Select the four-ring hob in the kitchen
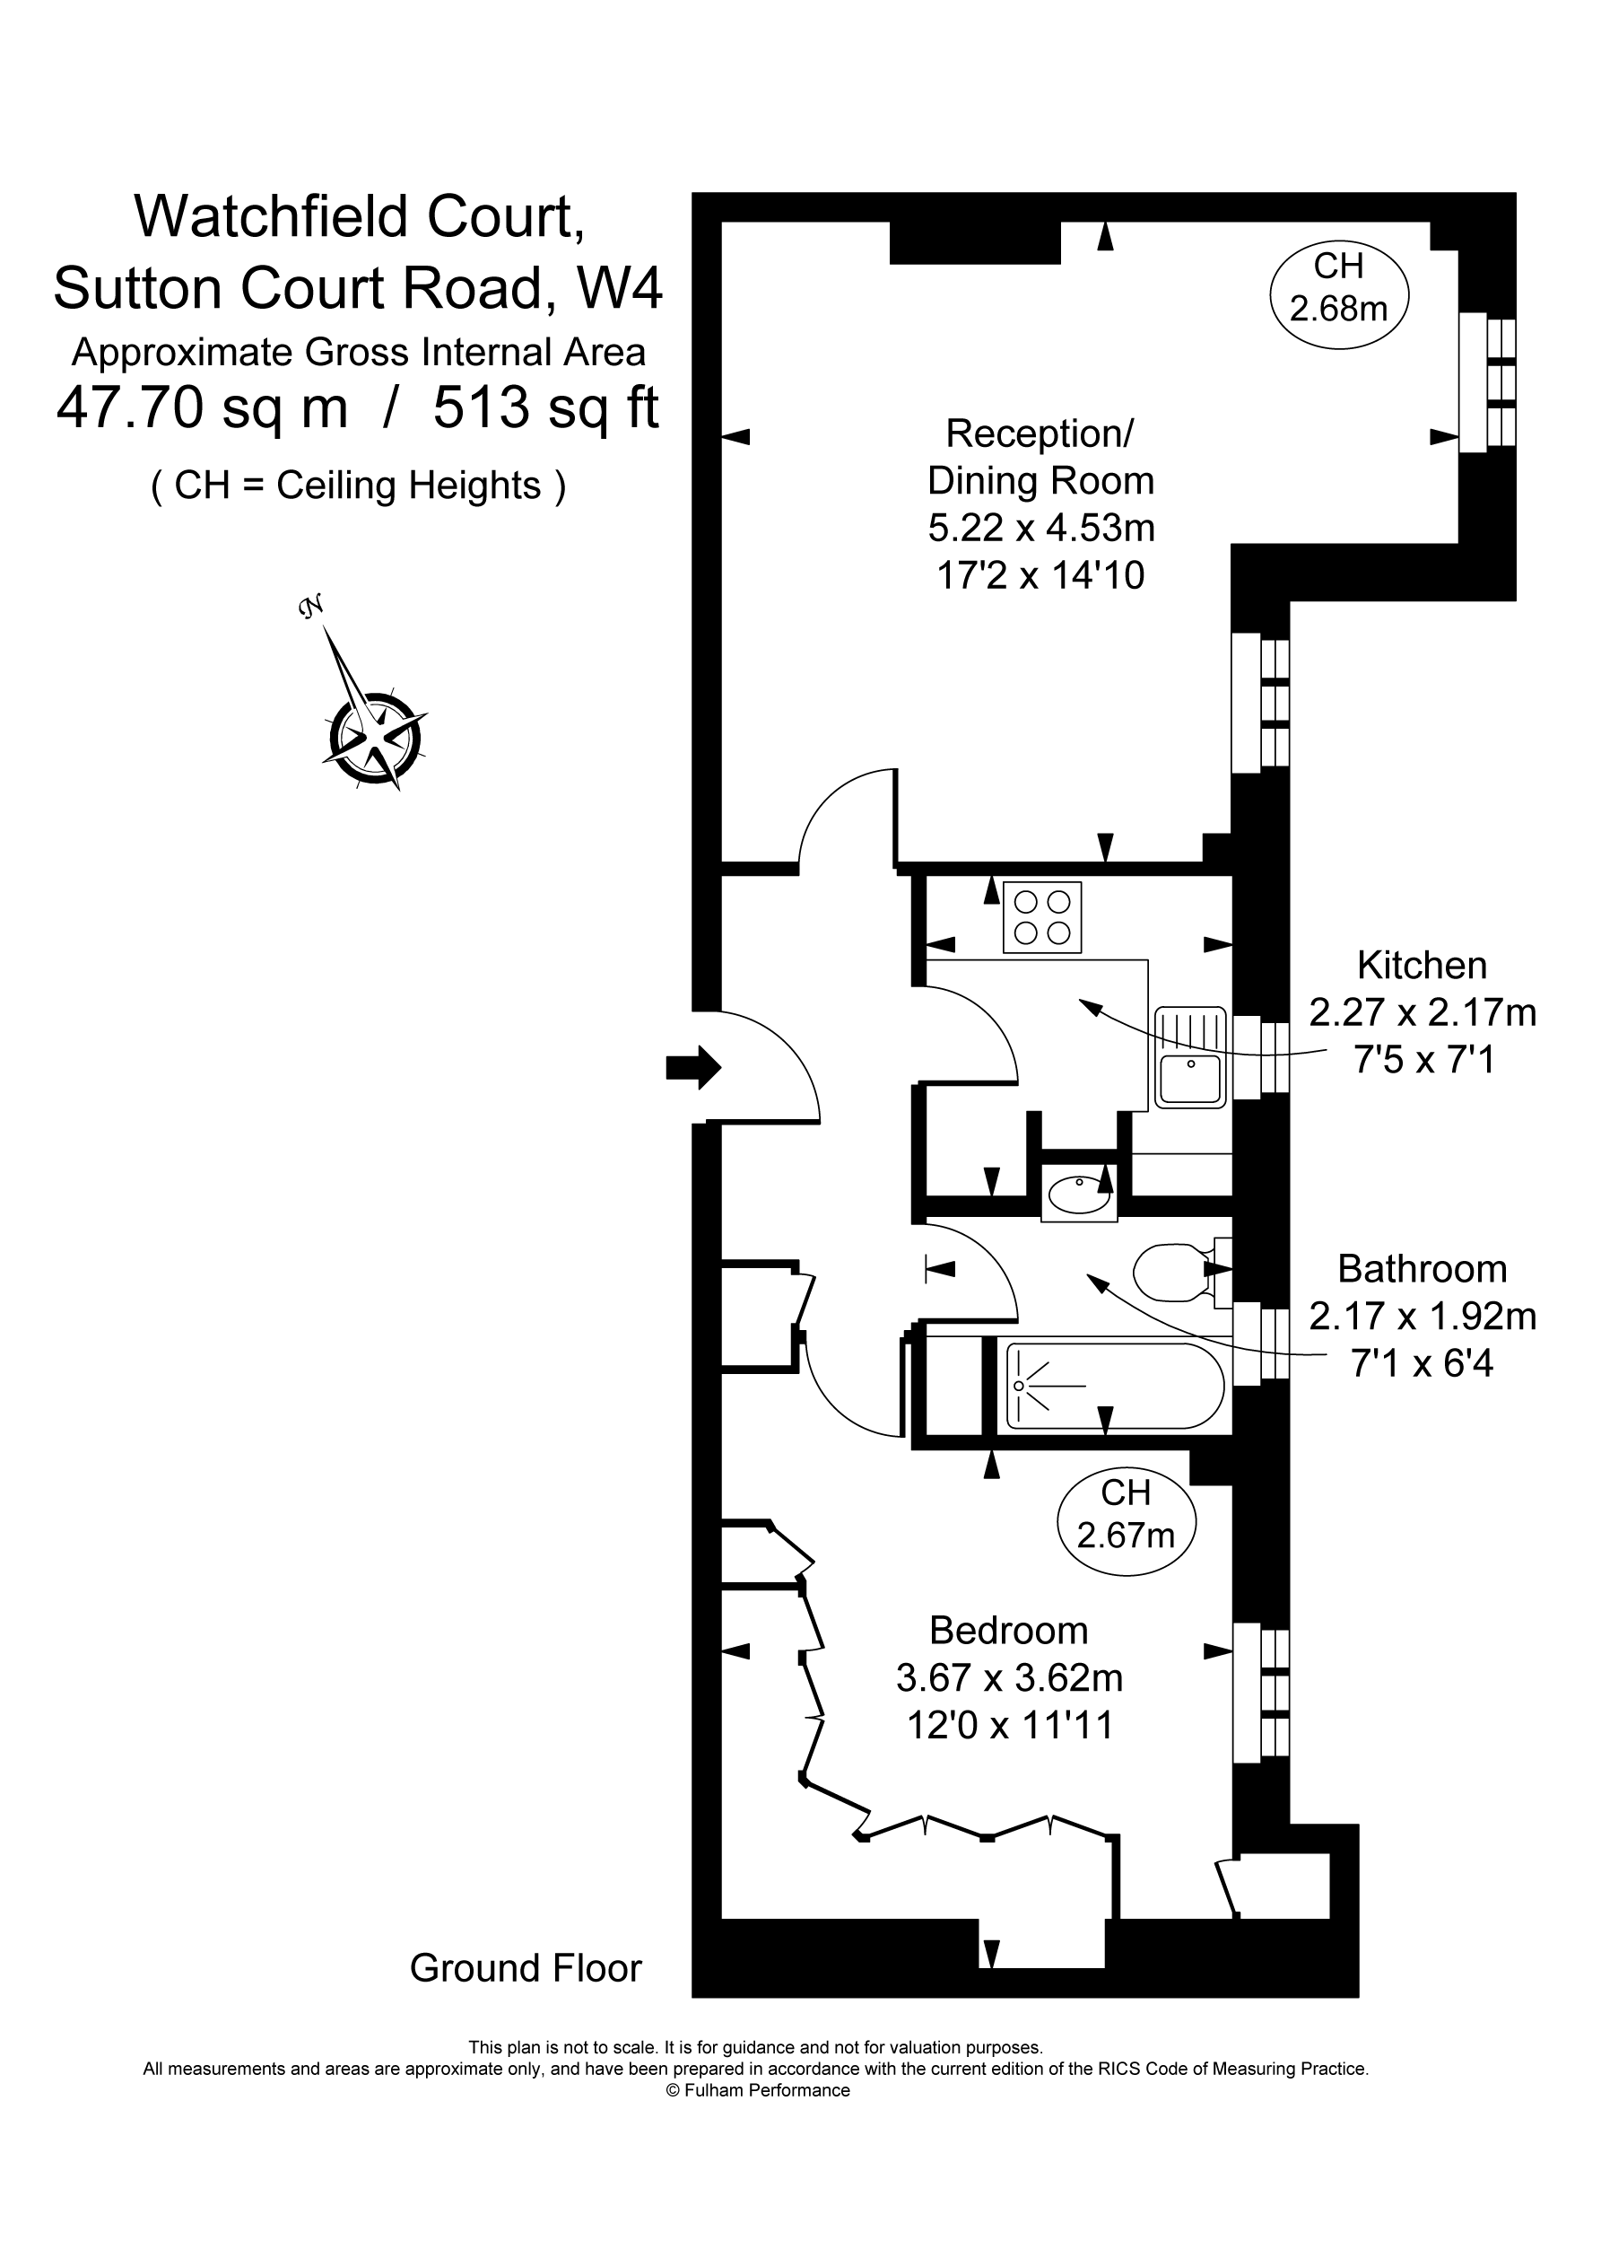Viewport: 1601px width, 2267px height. point(1042,916)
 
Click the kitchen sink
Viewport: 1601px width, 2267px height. point(1190,1057)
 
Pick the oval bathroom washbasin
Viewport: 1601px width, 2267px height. point(1079,1195)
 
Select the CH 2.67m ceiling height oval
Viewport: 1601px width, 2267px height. point(1127,1519)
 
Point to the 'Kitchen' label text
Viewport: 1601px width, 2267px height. point(1422,965)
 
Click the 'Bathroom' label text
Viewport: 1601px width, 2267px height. point(1422,1269)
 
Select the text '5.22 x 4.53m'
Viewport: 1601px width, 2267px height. point(1041,529)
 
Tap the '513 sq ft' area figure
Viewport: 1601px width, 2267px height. point(546,407)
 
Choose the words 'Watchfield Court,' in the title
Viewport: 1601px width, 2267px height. point(360,217)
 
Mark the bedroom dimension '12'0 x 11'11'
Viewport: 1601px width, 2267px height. point(1010,1725)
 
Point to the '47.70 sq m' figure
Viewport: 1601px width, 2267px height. point(203,407)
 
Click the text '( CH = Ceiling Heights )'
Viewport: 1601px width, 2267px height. point(358,486)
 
